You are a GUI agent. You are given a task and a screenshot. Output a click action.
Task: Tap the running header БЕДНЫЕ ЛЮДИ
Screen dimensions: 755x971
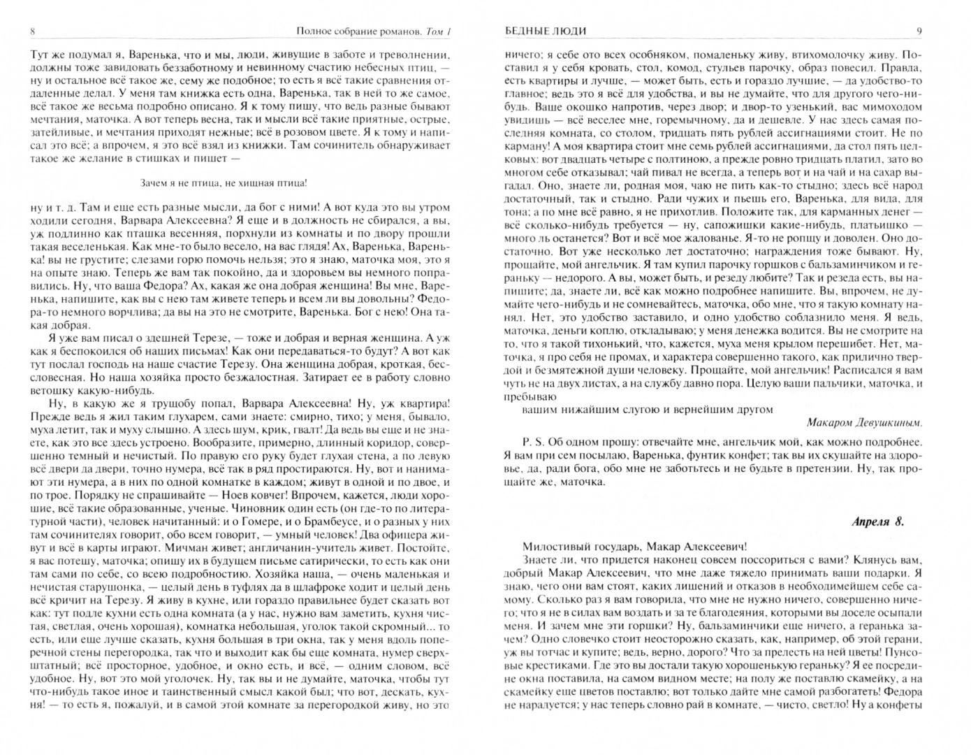tap(545, 31)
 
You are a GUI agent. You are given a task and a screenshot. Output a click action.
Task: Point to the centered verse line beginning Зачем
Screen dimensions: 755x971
tap(224, 183)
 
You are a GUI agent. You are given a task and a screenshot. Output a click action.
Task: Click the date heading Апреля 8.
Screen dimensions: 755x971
tap(878, 522)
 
